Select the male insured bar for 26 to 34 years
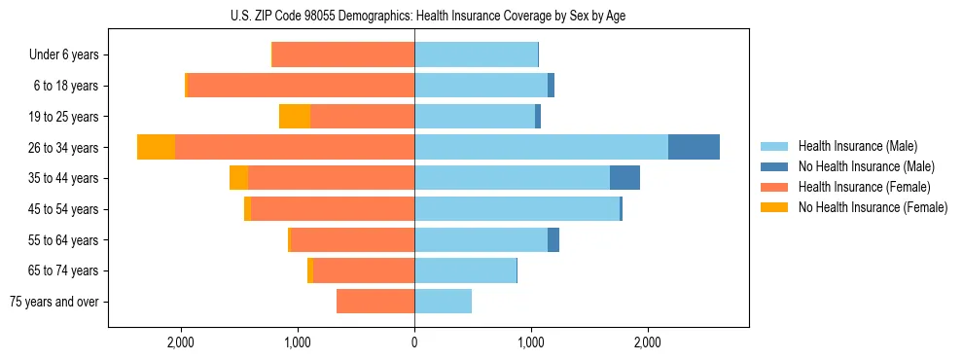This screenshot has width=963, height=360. [x=541, y=147]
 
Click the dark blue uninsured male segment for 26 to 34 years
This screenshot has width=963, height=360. [x=694, y=147]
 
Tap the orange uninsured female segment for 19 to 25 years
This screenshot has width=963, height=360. [x=295, y=116]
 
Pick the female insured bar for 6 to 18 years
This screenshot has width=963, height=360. [x=301, y=86]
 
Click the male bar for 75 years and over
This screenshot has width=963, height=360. [x=444, y=302]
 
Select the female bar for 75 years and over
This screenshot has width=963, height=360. [x=375, y=302]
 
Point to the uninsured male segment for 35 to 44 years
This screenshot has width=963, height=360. [x=624, y=178]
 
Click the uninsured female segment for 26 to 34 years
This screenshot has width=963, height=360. [x=157, y=147]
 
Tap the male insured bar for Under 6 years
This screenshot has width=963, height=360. [x=476, y=54]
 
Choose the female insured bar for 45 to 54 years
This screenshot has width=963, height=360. [x=333, y=209]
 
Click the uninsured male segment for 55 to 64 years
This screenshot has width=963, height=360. [x=553, y=240]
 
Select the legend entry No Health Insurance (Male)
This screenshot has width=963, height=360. [x=866, y=167]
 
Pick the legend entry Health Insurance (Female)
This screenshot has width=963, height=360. [x=865, y=187]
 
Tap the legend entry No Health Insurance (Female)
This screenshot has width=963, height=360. [x=873, y=207]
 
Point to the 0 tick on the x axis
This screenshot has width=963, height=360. [x=414, y=342]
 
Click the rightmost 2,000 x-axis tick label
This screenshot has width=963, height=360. [x=649, y=342]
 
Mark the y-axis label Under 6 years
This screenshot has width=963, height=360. [x=64, y=55]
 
